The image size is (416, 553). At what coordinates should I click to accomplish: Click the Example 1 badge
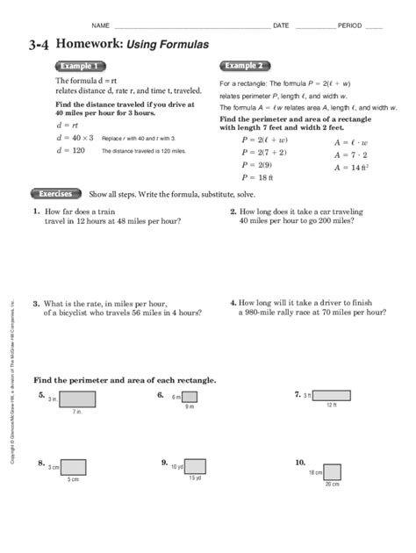80,66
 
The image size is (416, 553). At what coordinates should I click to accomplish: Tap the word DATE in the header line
281,25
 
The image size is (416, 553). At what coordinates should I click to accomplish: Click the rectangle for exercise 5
77,399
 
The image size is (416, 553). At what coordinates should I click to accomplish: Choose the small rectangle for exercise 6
189,397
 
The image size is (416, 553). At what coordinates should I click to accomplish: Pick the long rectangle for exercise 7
332,395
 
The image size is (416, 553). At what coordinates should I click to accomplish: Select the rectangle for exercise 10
333,472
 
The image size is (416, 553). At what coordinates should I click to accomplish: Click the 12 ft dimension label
332,405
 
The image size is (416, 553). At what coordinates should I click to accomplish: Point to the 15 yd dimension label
195,478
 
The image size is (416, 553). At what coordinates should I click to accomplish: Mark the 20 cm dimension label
333,485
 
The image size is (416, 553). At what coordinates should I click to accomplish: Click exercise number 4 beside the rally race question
233,302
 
